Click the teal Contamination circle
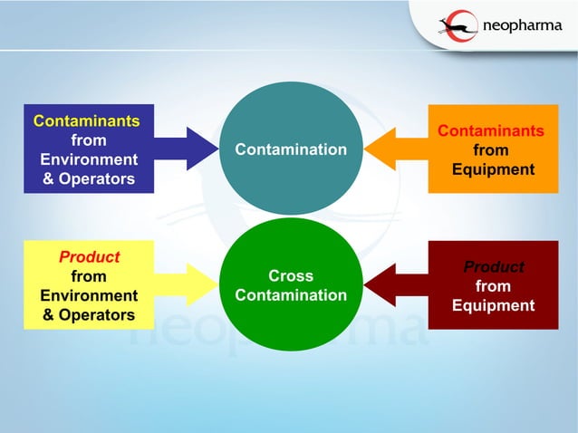(x=291, y=149)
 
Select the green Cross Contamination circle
(x=291, y=284)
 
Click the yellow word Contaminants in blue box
(x=87, y=120)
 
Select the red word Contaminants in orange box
(x=492, y=131)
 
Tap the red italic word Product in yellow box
(x=89, y=257)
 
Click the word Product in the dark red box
(x=494, y=267)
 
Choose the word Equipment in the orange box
(x=494, y=169)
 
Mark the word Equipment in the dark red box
(x=494, y=305)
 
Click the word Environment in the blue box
(x=89, y=159)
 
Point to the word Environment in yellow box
(x=89, y=295)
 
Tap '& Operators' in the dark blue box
(x=89, y=178)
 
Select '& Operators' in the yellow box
(x=89, y=315)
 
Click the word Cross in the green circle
(x=291, y=276)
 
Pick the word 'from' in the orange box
(x=492, y=150)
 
